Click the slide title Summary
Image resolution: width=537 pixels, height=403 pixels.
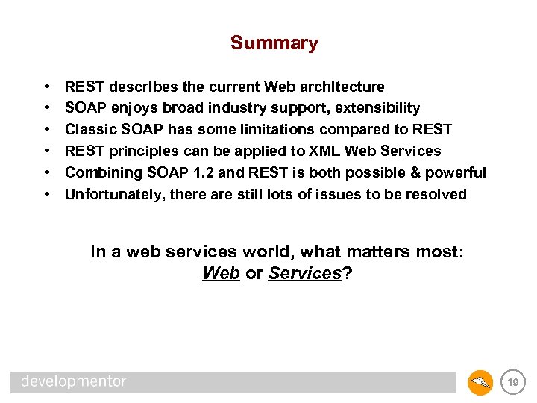tap(274, 43)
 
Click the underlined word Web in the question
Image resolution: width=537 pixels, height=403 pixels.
tap(221, 274)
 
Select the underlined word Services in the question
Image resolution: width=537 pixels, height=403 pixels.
tap(304, 274)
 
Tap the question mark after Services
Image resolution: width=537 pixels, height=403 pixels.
tap(347, 274)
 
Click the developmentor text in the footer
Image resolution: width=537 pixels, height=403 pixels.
tap(74, 382)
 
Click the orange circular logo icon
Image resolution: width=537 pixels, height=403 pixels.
tap(480, 382)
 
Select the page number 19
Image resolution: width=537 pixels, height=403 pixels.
tap(512, 382)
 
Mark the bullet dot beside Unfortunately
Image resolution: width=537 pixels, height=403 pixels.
tap(47, 195)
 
